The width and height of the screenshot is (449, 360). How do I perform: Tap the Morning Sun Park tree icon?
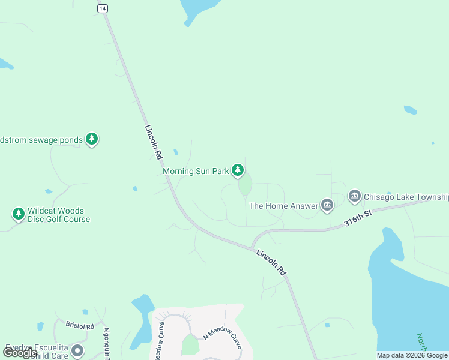(238, 171)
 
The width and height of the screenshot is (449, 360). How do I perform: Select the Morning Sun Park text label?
(196, 171)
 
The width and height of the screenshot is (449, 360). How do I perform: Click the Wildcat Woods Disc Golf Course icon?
(18, 214)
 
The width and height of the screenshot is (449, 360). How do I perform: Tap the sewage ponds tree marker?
(91, 140)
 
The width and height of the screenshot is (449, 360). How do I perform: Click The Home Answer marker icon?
(327, 206)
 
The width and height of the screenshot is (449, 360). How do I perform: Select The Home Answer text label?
(283, 206)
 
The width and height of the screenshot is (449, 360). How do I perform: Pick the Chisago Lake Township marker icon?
(354, 197)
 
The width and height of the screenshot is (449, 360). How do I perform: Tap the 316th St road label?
(358, 218)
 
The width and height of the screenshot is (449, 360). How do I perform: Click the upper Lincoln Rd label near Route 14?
(154, 142)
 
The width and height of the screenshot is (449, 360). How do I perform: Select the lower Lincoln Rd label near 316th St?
(271, 262)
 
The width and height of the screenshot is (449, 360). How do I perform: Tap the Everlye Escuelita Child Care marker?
(77, 350)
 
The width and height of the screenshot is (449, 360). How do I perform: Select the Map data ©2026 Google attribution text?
(412, 355)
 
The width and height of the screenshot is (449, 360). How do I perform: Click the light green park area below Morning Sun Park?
(245, 186)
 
